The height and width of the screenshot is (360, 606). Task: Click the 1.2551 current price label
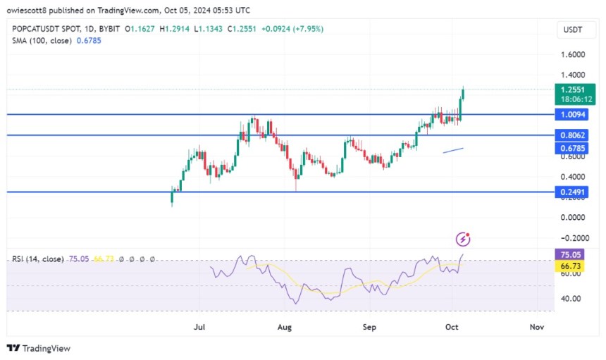pos(571,89)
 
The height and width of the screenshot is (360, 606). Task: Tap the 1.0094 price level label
pos(571,114)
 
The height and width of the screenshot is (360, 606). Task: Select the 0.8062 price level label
pos(571,135)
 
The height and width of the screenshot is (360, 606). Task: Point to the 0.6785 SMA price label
pos(571,148)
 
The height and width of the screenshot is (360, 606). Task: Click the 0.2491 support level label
pos(571,191)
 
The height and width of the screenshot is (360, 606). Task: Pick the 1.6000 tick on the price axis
pos(571,54)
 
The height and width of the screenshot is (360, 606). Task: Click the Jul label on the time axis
pos(200,327)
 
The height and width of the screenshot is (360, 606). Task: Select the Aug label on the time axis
pos(284,327)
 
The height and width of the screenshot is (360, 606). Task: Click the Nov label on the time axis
pos(537,327)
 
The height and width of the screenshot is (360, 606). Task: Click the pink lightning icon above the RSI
pos(463,239)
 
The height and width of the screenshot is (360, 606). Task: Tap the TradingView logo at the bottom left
pos(39,348)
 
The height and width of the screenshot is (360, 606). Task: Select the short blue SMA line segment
pos(453,150)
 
